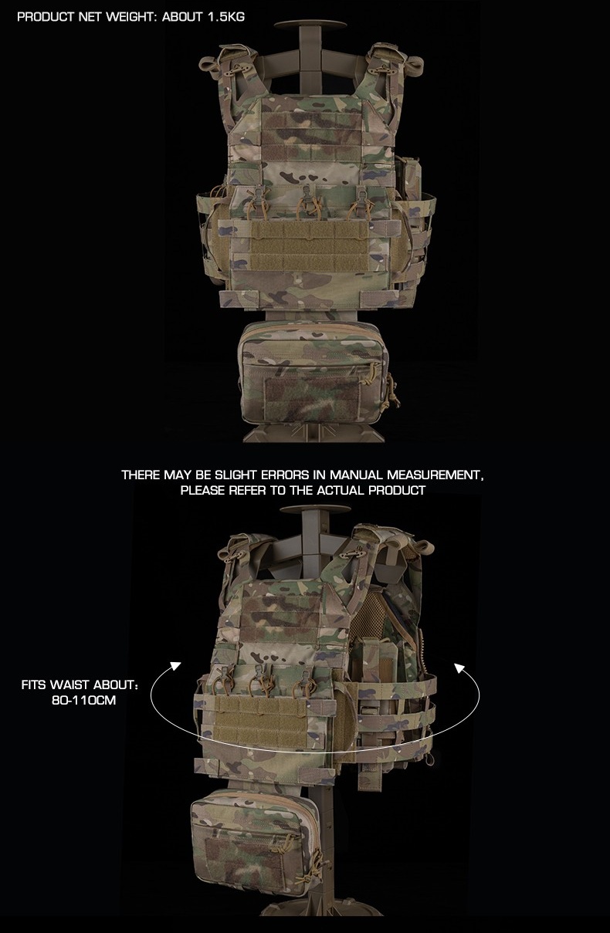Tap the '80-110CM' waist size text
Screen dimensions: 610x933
pos(83,700)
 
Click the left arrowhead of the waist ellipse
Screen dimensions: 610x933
pos(176,665)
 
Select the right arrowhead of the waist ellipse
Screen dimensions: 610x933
pos(459,668)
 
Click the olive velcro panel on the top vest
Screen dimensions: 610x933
pos(309,245)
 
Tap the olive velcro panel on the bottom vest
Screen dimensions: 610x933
pos(260,721)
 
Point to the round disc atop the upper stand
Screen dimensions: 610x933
pos(310,24)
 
